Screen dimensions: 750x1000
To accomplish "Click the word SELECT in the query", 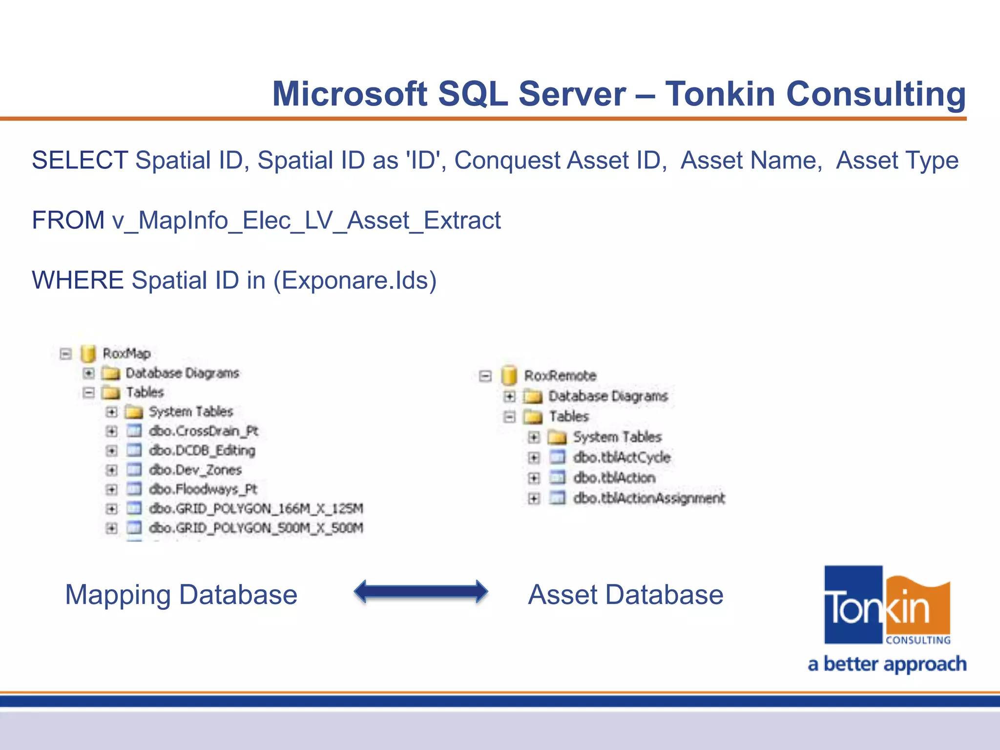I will coord(80,161).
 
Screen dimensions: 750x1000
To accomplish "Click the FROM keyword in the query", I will coord(68,220).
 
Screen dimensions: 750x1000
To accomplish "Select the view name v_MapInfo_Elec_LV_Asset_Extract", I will coord(307,220).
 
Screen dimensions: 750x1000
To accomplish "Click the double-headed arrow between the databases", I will coord(420,592).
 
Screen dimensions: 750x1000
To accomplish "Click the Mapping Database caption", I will coord(181,595).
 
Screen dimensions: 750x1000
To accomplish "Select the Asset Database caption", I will coord(625,595).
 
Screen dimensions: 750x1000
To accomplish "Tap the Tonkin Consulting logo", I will coord(887,605).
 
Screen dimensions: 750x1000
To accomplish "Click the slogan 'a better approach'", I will coord(887,664).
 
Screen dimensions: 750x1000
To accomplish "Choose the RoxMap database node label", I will coord(126,353).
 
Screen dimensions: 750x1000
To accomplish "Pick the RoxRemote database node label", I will coord(560,375).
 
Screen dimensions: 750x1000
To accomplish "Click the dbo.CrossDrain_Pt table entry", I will coord(203,431).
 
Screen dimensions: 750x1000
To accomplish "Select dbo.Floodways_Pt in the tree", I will coord(203,489).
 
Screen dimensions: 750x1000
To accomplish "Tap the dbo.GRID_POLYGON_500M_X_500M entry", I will coord(256,528).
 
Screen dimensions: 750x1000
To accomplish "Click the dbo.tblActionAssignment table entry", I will coord(649,498).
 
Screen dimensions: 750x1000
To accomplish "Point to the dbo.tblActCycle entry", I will coord(622,457).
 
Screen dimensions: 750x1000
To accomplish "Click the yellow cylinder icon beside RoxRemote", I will coord(509,375).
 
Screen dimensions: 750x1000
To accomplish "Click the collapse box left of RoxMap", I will coord(65,354).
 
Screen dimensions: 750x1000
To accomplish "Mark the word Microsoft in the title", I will coord(350,94).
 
